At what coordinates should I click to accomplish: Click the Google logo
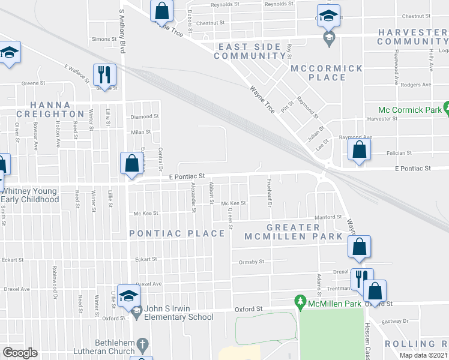click(20, 353)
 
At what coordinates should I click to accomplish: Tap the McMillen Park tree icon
click(299, 299)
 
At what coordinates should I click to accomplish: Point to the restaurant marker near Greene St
click(104, 75)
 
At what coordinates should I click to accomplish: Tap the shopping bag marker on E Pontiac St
click(131, 163)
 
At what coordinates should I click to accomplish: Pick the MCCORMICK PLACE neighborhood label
click(327, 73)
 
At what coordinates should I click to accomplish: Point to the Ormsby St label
click(252, 262)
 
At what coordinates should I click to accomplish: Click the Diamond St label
click(145, 116)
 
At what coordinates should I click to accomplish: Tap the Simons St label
click(101, 39)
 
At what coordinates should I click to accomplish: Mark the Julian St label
click(316, 131)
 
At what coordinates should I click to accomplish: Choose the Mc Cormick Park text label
click(409, 110)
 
